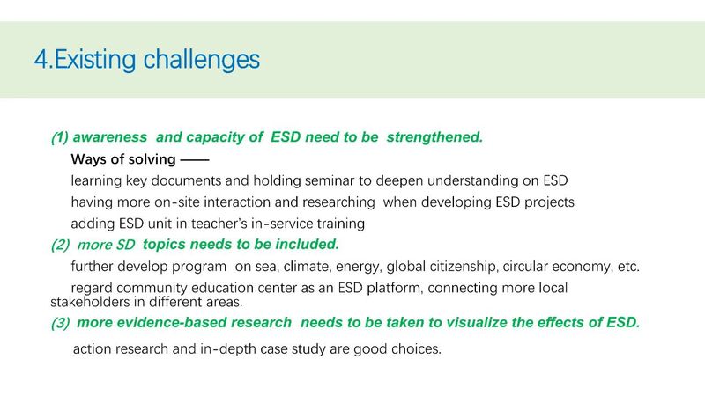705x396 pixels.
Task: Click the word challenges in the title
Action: (x=202, y=60)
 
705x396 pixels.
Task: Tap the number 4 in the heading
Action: (x=41, y=60)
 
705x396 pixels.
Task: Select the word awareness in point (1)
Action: (x=109, y=137)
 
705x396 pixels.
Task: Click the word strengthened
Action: (x=434, y=137)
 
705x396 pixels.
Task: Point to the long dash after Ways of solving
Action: (x=194, y=159)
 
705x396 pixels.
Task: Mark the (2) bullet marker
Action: (x=60, y=245)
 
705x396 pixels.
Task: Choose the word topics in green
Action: (x=164, y=245)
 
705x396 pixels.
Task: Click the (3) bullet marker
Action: (x=60, y=323)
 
